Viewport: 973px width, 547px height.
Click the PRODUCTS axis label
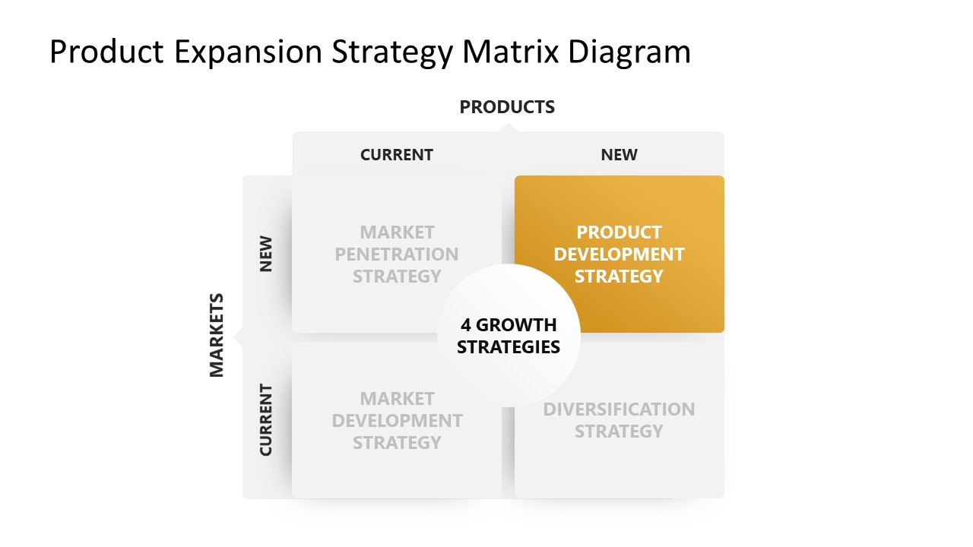point(507,107)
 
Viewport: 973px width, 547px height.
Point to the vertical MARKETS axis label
point(217,335)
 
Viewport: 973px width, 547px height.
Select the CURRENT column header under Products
point(396,155)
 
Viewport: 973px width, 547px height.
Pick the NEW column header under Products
point(619,155)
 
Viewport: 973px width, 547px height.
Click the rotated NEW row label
point(266,255)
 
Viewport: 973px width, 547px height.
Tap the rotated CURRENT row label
point(266,420)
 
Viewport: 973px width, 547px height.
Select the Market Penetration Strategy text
point(396,254)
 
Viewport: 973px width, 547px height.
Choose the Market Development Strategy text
point(396,420)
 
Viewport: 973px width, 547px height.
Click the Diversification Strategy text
point(619,420)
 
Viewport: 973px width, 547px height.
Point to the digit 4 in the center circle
point(466,325)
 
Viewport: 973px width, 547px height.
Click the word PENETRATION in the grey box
point(396,254)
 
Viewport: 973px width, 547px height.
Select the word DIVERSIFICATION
point(619,409)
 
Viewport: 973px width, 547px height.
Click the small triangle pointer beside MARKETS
point(238,336)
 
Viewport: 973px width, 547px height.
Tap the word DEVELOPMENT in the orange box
point(619,254)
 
